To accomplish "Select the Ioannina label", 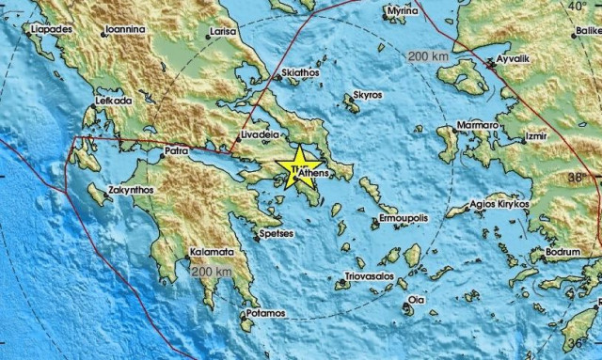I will coord(125,29).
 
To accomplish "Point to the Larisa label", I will coord(224,31).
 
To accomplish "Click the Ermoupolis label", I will coord(403,217).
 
